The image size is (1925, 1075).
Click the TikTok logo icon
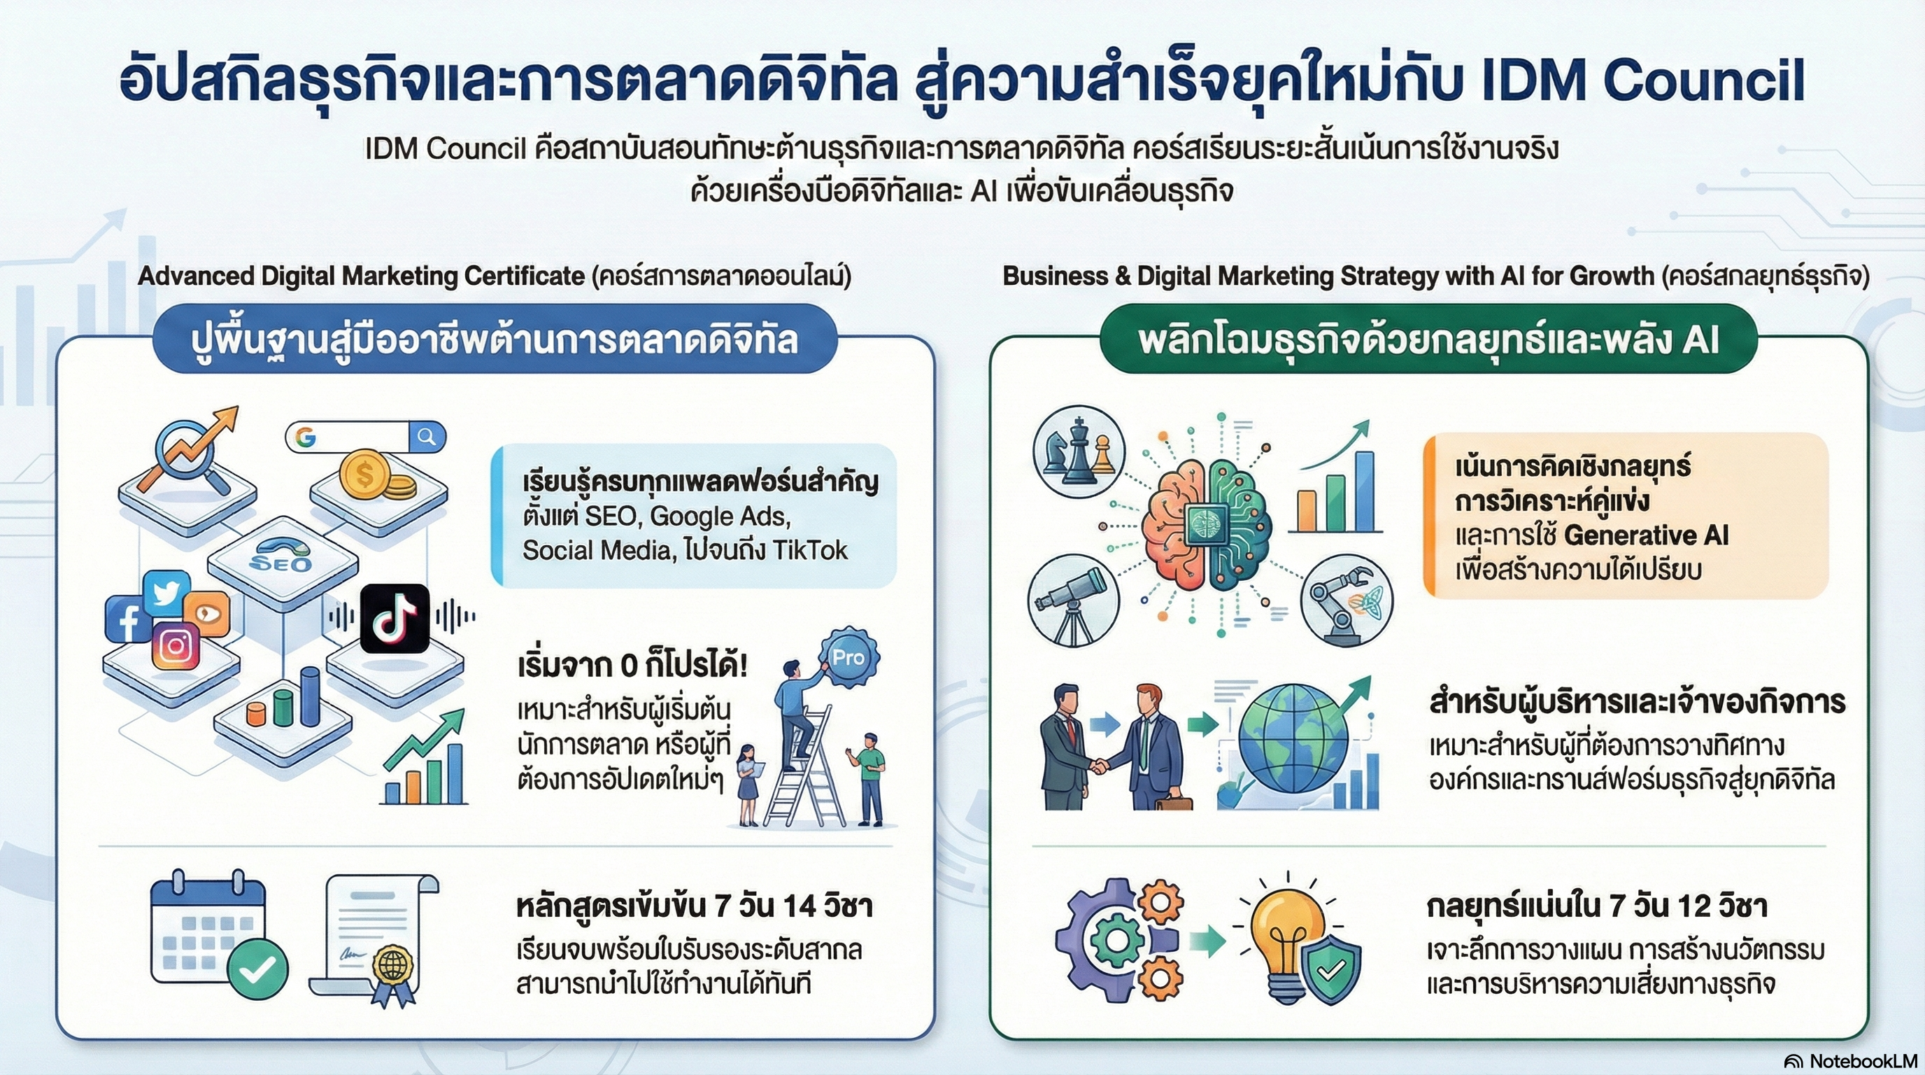(x=395, y=619)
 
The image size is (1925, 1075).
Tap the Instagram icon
(x=176, y=645)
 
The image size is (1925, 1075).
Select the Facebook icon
(x=129, y=619)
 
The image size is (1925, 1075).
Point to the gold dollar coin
(x=366, y=474)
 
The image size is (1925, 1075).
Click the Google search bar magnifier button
(x=427, y=437)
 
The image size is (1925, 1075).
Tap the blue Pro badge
(x=848, y=658)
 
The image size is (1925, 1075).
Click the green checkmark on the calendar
(x=258, y=969)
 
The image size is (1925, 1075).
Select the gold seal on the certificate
(x=392, y=967)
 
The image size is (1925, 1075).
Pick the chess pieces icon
(x=1078, y=450)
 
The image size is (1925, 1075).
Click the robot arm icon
(x=1347, y=600)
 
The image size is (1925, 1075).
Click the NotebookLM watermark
(x=1850, y=1061)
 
